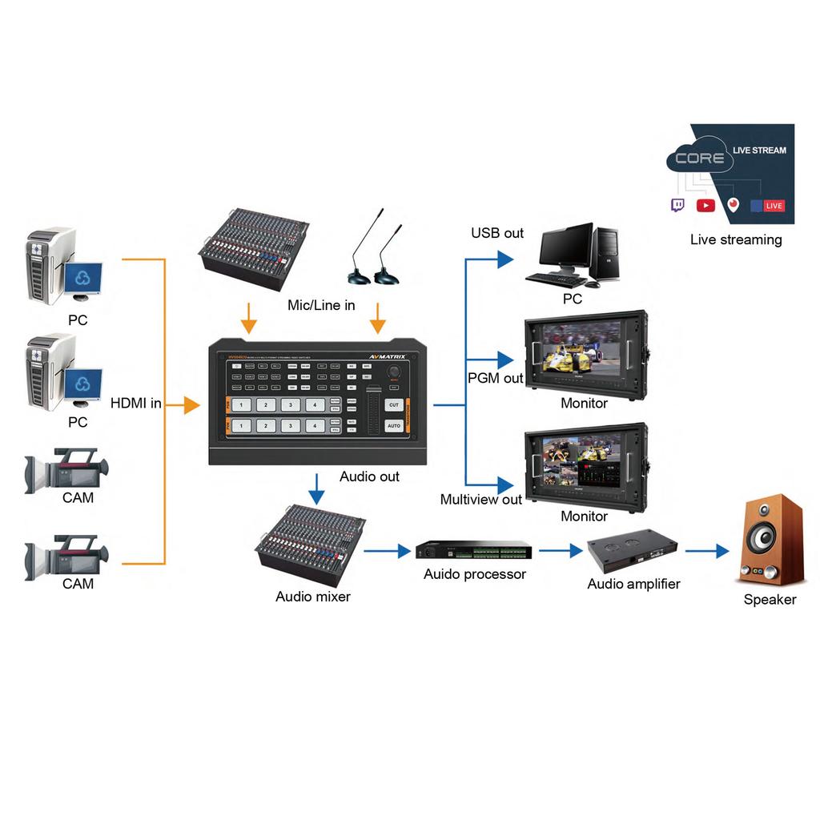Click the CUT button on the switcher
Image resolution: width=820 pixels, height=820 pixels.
393,405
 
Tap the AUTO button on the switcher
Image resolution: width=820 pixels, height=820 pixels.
393,426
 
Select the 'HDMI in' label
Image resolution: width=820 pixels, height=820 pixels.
136,404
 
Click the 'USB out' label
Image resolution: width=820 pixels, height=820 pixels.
497,233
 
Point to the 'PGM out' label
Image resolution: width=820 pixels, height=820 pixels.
496,378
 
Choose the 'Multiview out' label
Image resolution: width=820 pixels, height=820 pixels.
481,500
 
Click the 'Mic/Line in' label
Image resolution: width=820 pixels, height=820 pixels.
321,306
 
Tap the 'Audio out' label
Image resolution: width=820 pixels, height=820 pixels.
369,476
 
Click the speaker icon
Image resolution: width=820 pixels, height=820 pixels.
770,540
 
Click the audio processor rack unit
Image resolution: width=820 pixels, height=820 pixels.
473,551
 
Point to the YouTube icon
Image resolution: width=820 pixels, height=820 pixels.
705,206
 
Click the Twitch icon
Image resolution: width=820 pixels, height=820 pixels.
677,205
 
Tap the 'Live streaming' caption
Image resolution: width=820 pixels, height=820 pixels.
736,239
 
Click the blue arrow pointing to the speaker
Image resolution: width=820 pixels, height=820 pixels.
708,551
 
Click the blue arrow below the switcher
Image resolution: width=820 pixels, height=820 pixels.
318,485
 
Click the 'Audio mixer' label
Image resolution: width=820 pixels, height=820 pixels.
313,597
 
